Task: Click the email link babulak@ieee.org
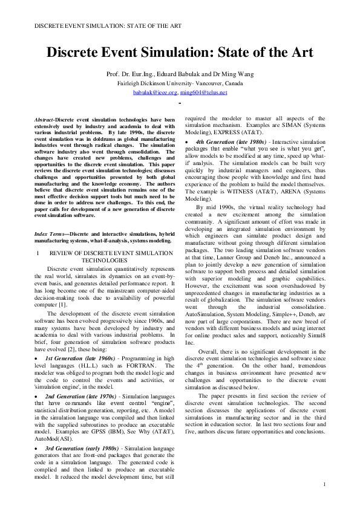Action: click(x=155, y=92)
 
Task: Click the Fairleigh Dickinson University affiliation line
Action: click(x=180, y=83)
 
